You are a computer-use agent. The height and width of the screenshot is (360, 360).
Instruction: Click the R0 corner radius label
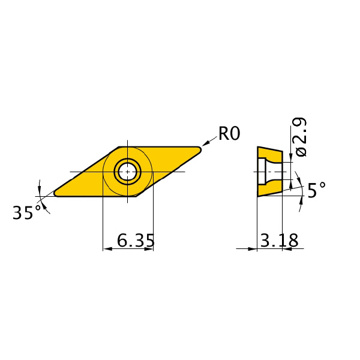(229, 133)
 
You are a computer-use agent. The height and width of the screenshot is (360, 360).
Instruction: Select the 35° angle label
(26, 212)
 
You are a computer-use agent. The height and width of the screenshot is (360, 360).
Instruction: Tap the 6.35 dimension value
(136, 240)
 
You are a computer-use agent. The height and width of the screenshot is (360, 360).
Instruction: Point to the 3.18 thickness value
(279, 240)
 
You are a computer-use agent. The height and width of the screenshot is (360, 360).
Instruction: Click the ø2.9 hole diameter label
(301, 137)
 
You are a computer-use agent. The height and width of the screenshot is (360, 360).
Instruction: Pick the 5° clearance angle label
(316, 189)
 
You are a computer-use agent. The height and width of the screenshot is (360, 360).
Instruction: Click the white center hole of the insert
(127, 172)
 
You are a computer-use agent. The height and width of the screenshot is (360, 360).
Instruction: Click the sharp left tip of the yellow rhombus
(54, 194)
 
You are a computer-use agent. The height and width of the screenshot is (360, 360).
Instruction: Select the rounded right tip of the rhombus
(200, 149)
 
